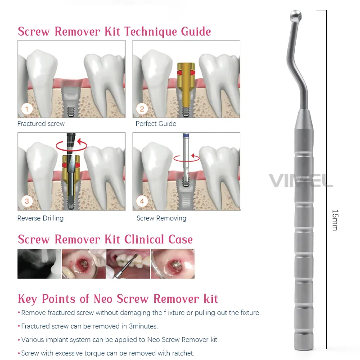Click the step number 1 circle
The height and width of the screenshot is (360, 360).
click(27, 109)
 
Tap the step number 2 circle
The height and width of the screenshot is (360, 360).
click(142, 109)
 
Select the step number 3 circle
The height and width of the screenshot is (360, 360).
click(27, 201)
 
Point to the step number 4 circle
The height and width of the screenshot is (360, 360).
click(142, 201)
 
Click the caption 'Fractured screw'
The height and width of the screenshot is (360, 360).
click(41, 124)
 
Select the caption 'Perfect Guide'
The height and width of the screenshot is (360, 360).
click(156, 124)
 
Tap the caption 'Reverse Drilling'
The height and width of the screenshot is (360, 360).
click(40, 218)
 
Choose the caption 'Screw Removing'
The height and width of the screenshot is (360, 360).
click(161, 218)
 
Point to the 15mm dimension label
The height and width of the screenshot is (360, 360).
click(334, 220)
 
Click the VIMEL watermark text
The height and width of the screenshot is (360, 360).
click(301, 180)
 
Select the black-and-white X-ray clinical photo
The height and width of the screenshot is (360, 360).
click(39, 264)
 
